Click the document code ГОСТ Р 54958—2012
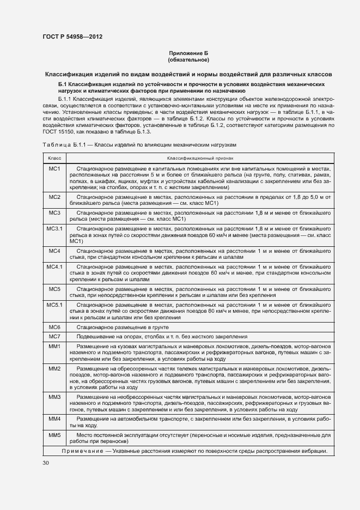point(72,37)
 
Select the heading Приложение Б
point(188,53)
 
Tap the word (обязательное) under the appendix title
point(188,59)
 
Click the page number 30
point(45,463)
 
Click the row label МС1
point(54,169)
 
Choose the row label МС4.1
point(54,267)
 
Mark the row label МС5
point(54,289)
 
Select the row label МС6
point(54,327)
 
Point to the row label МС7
point(54,337)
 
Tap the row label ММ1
point(54,347)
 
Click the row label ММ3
point(54,397)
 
